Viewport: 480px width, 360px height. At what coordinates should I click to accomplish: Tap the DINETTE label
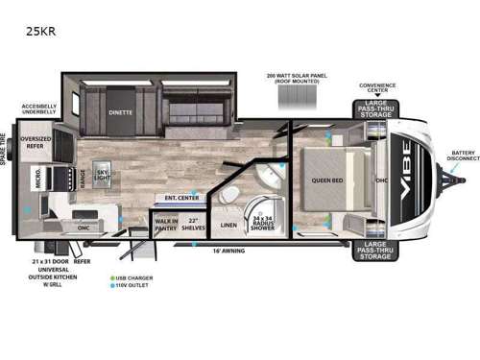119,111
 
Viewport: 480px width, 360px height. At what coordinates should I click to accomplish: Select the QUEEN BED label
328,180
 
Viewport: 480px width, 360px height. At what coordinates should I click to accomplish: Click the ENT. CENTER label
180,198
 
